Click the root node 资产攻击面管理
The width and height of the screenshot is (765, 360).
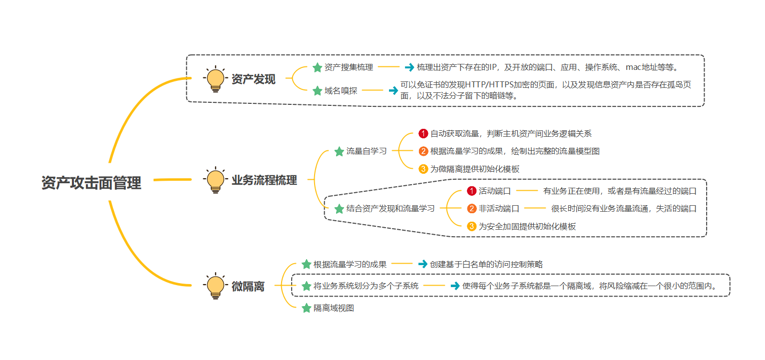(x=91, y=183)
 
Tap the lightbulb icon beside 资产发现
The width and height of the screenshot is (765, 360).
(x=216, y=79)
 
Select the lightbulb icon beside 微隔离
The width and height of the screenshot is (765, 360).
(x=216, y=286)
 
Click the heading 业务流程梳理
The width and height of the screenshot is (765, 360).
(x=264, y=180)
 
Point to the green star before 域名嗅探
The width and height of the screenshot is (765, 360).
(x=317, y=91)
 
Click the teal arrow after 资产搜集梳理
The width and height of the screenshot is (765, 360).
(x=409, y=67)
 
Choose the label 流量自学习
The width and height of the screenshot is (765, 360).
(x=367, y=151)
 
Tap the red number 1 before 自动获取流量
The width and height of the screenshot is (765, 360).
(x=423, y=134)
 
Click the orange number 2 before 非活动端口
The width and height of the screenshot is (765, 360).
(x=472, y=209)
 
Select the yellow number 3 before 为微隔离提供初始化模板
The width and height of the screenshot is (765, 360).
(x=423, y=169)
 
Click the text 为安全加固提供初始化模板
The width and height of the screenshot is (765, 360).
(x=527, y=226)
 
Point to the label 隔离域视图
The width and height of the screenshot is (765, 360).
(x=334, y=308)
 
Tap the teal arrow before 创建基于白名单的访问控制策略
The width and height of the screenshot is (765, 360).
(x=422, y=264)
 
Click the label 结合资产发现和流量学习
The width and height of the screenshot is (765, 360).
(x=390, y=209)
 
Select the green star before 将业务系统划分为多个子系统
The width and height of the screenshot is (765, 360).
(x=306, y=286)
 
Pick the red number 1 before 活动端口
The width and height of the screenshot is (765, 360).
(x=472, y=191)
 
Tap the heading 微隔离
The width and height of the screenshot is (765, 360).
(x=248, y=287)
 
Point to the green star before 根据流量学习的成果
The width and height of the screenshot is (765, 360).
(x=306, y=264)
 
